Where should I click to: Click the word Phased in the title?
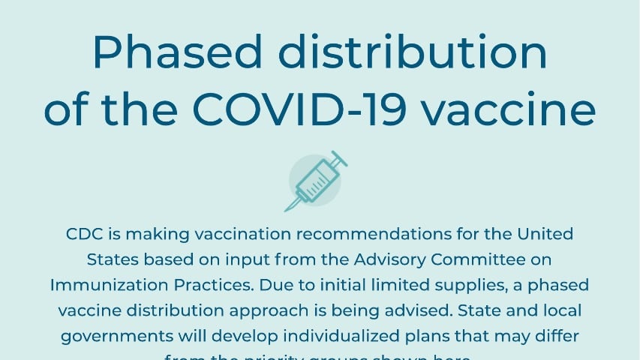pyautogui.click(x=181, y=52)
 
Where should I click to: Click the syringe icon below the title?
pyautogui.click(x=315, y=181)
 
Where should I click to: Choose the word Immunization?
pyautogui.click(x=106, y=285)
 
